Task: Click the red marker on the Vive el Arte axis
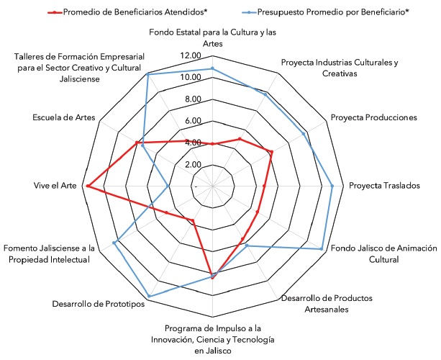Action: (87, 186)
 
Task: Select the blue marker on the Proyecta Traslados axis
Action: (332, 186)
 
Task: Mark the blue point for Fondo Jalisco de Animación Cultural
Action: (321, 249)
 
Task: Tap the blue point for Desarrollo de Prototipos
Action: (149, 296)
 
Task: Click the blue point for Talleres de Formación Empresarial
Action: (147, 75)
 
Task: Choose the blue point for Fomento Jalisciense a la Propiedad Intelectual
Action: (115, 243)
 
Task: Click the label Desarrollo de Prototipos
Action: (99, 303)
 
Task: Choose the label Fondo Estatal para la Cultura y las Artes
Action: (212, 37)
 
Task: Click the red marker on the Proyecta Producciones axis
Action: (271, 152)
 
